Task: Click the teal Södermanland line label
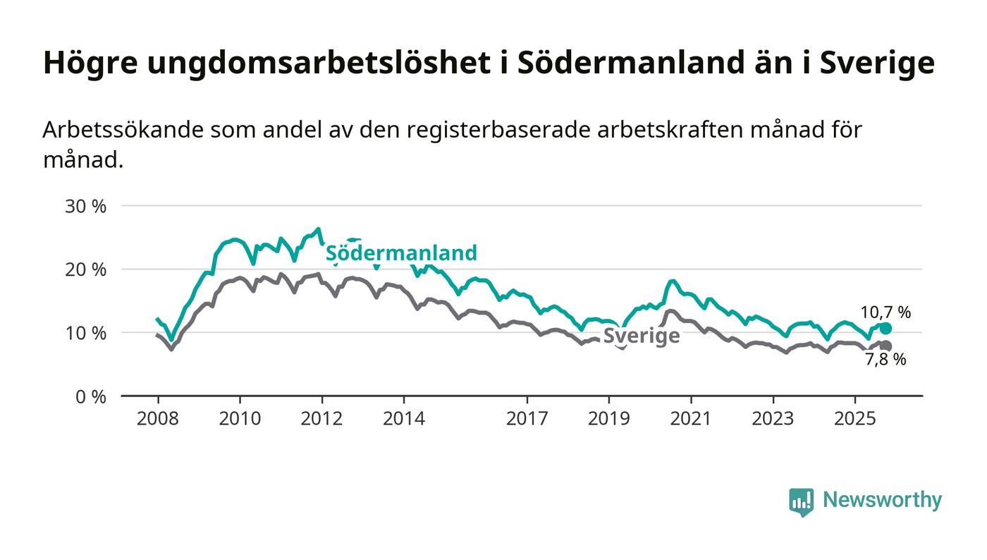(x=401, y=253)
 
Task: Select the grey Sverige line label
(x=642, y=336)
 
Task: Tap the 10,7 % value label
(x=885, y=312)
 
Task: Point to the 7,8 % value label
(x=885, y=360)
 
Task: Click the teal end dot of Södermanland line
(x=885, y=329)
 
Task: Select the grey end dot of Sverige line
(x=885, y=346)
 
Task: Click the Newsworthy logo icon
(x=802, y=501)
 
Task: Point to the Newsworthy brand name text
(x=882, y=500)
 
